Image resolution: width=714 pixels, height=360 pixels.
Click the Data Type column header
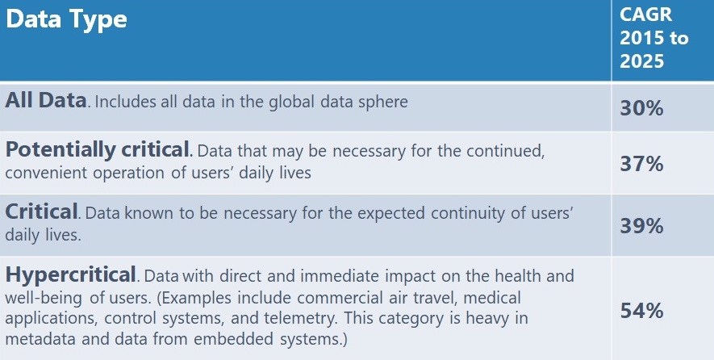[66, 20]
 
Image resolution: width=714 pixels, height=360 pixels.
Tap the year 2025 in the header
[642, 61]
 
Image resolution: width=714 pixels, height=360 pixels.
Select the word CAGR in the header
[645, 15]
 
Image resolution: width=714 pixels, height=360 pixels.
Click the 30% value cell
[641, 108]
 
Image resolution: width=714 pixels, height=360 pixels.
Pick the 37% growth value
[641, 164]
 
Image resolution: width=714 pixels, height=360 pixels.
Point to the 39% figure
[641, 226]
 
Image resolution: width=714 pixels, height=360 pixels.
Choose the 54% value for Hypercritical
[641, 312]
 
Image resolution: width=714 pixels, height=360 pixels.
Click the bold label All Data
[45, 100]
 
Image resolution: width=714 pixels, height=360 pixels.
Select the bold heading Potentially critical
[98, 150]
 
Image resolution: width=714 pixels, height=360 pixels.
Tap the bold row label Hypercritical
[70, 274]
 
